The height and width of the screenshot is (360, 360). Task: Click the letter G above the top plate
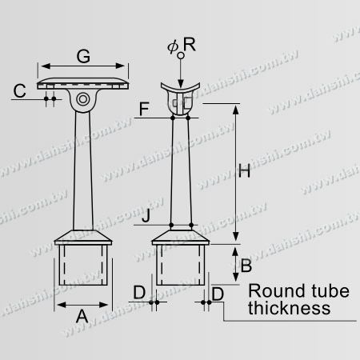83,56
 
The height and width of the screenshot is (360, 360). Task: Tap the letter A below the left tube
80,316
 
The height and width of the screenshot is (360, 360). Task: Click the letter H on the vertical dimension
246,170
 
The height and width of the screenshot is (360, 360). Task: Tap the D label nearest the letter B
218,294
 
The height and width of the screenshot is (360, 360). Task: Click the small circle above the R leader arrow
181,55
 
